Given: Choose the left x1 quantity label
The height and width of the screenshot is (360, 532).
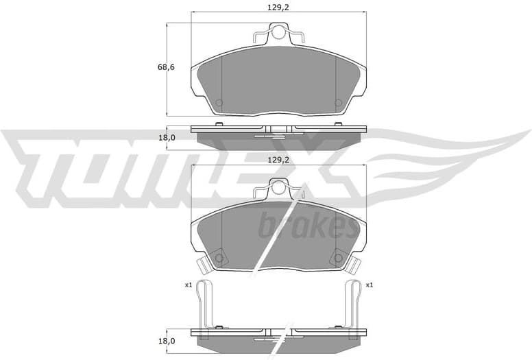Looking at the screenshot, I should [188, 285].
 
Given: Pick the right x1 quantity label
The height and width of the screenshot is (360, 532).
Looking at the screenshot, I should [369, 285].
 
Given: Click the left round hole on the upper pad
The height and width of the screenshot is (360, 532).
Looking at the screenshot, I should [219, 103].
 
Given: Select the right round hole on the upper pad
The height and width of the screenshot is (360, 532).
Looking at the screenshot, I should [337, 103].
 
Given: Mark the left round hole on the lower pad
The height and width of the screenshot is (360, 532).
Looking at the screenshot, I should [219, 259].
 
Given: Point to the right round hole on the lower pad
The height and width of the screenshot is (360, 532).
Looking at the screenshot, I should [337, 259].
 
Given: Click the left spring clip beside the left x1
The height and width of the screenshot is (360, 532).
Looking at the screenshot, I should [204, 304].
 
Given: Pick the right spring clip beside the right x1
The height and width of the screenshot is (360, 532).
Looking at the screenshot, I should [352, 304].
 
